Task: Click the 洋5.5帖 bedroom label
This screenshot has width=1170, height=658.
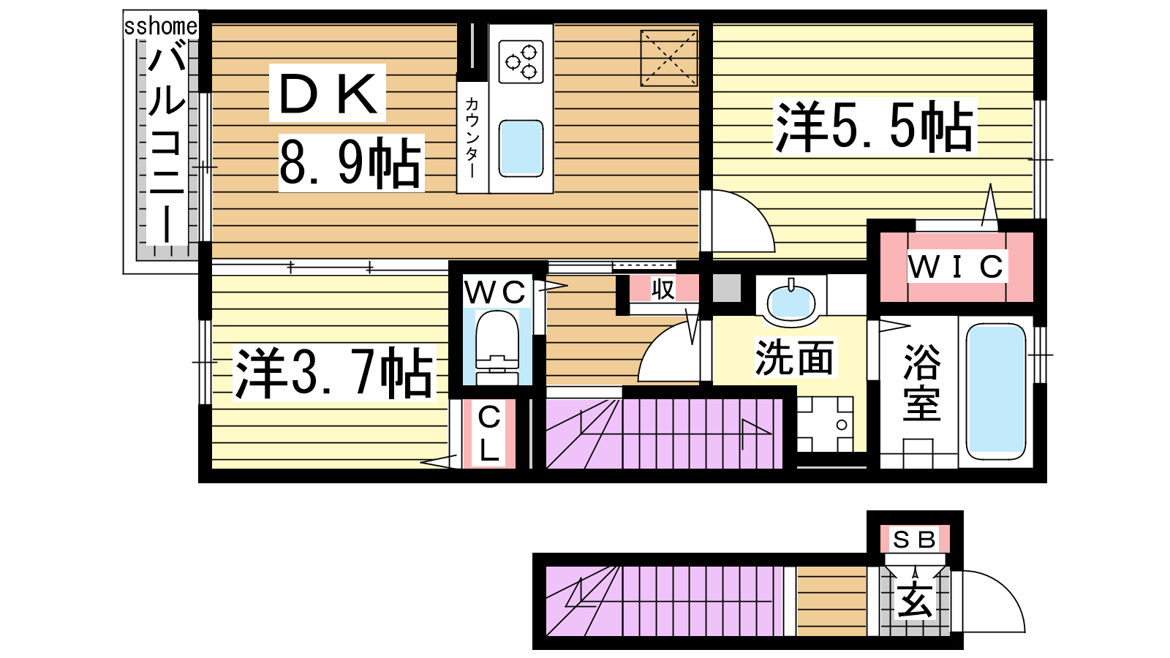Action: point(875,126)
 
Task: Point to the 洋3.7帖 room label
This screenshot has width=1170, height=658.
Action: point(333,373)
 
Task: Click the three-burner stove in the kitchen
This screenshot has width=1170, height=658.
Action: point(521,62)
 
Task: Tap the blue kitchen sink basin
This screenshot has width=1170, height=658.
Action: point(521,148)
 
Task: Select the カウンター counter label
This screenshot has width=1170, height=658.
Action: point(472,137)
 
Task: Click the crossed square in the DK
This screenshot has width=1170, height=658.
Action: point(669,58)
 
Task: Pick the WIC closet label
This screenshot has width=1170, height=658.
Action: point(956,266)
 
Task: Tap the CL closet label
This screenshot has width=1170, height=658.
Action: point(489,433)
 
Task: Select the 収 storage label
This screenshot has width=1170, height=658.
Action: point(663,289)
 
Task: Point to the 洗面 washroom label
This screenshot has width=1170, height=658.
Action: point(794,358)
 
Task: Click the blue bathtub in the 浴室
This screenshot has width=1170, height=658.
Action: point(996,391)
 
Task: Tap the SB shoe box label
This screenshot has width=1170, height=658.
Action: point(914,540)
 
